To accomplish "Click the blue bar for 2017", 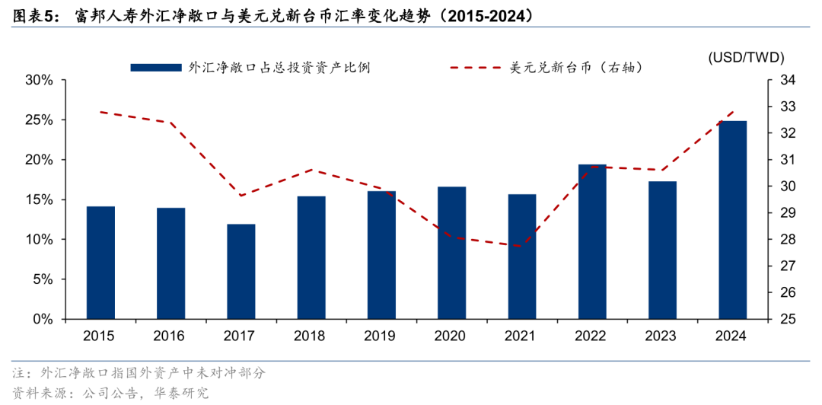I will tap(241, 271).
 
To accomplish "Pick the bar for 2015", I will tap(100, 262).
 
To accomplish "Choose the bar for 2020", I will tap(451, 252).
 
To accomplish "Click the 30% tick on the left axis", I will tap(39, 80).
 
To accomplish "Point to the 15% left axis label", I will tap(39, 199).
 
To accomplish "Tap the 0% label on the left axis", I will tap(43, 319).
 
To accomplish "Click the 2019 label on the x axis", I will tap(381, 336).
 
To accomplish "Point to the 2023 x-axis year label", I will tap(662, 336).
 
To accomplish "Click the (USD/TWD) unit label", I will tap(746, 57).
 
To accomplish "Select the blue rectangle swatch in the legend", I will tap(156, 68).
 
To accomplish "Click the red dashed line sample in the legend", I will tap(476, 68).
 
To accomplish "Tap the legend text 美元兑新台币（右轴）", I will tap(578, 68).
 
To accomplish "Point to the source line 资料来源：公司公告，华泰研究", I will tap(110, 393).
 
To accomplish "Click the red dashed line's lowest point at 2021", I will tap(522, 246).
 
